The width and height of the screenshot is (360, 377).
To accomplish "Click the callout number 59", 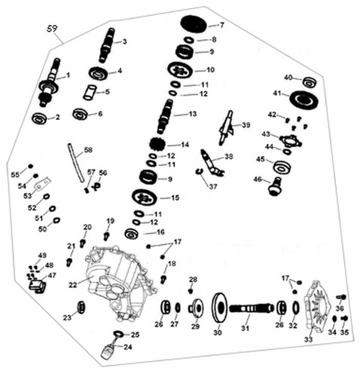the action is (52, 29).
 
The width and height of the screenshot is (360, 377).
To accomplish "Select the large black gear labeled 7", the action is (194, 24).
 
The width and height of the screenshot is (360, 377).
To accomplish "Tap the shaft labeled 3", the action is (107, 45).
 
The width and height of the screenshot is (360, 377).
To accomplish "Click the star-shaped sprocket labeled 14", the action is (157, 145).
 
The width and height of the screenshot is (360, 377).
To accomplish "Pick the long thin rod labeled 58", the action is (76, 163).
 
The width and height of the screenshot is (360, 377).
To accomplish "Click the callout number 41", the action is (277, 93).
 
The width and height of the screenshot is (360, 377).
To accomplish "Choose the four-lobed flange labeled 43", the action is (291, 142).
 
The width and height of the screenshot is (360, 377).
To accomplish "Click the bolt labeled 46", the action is (275, 186).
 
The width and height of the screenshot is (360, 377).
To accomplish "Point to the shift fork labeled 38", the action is (212, 163).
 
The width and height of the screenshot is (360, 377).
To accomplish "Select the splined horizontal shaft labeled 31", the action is (252, 308).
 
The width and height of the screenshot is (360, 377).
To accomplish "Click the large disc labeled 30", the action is (220, 308).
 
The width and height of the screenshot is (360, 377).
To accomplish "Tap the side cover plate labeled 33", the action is (316, 308).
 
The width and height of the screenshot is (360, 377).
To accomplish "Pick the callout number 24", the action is (127, 347).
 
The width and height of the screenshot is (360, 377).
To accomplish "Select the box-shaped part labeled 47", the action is (38, 286).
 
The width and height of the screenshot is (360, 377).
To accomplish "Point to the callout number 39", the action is (246, 125).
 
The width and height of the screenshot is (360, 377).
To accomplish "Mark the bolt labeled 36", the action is (341, 297).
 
